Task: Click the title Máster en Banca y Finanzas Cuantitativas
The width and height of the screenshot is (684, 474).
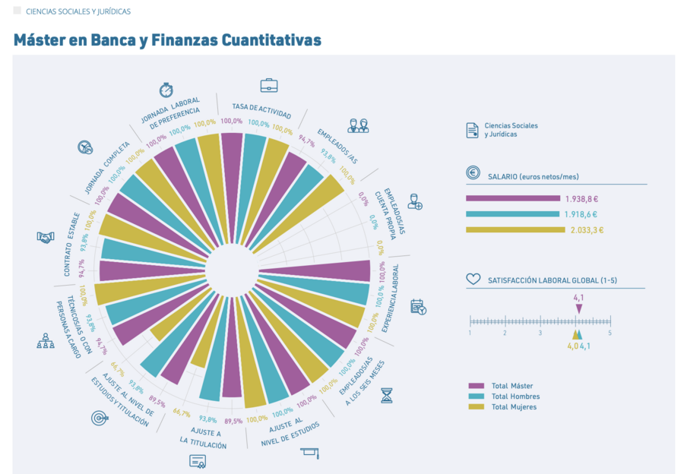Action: click(167, 40)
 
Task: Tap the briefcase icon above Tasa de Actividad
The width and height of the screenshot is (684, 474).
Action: click(269, 86)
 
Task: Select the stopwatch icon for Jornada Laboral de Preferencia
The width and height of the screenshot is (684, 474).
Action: click(166, 90)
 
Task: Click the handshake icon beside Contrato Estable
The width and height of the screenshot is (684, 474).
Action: click(46, 237)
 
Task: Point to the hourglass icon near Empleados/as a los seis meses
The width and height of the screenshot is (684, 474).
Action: click(387, 396)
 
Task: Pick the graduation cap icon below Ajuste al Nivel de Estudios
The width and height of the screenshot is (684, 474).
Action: click(310, 453)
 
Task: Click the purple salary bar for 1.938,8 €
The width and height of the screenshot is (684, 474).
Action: click(513, 198)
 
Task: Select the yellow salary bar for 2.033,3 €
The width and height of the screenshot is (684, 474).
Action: click(515, 230)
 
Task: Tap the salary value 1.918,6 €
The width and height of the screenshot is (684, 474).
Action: click(581, 214)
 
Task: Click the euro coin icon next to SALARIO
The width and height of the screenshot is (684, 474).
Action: click(473, 172)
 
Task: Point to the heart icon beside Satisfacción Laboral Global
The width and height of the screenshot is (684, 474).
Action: click(473, 279)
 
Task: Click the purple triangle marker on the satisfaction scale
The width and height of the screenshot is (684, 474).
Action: click(579, 308)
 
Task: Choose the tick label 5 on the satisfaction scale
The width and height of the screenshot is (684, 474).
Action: click(610, 333)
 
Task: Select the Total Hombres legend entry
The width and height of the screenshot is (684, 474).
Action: click(505, 397)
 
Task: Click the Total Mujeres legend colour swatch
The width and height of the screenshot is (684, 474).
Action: click(477, 407)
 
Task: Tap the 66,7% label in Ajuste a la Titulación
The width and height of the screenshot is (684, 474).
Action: click(182, 412)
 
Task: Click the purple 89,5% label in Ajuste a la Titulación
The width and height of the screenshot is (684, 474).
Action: click(233, 422)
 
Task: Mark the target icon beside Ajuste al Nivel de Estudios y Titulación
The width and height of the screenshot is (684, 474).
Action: click(100, 419)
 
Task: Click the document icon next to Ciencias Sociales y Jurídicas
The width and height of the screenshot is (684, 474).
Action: click(473, 131)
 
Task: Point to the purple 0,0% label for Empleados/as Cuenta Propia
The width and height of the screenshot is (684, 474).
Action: click(363, 198)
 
